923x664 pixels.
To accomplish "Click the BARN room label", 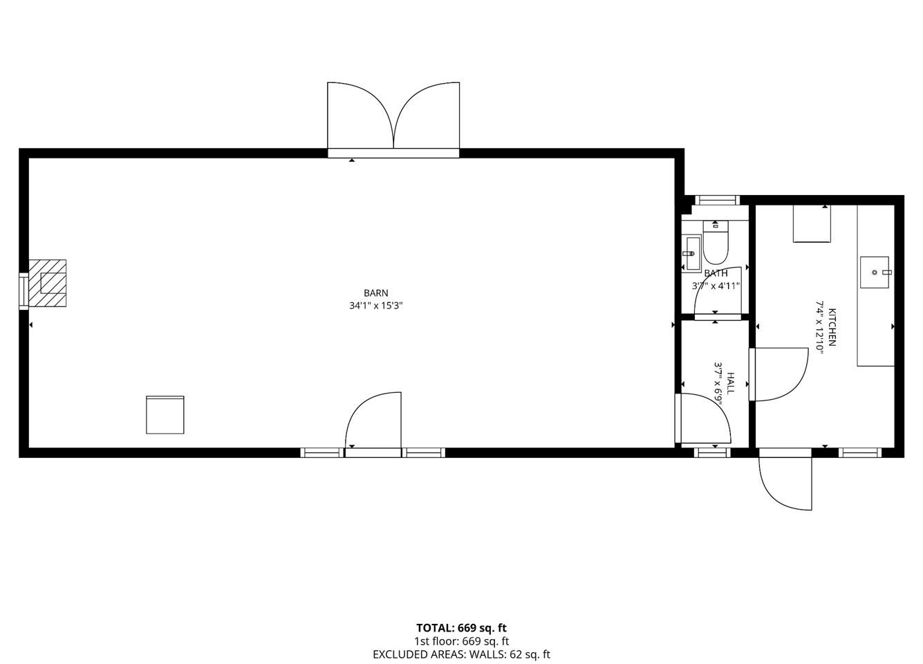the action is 376,293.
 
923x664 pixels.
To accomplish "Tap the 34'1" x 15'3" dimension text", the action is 376,306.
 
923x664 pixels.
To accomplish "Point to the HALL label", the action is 730,383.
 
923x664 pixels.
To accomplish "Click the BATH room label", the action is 716,273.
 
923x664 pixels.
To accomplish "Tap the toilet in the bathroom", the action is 716,242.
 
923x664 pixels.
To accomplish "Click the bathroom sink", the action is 691,253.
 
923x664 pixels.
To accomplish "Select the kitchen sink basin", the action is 874,272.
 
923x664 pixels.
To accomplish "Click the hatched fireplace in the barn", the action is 48,283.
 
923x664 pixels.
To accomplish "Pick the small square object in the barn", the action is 165,414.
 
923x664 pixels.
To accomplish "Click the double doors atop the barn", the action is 393,120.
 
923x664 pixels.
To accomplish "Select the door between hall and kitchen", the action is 779,374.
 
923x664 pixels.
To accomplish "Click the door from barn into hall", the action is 703,418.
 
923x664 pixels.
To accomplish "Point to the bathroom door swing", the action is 718,291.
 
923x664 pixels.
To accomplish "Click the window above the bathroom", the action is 718,201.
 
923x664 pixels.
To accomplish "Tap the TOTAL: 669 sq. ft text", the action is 461,628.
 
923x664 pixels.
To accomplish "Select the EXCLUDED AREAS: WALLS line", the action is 461,654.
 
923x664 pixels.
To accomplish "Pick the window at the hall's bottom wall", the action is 712,452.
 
